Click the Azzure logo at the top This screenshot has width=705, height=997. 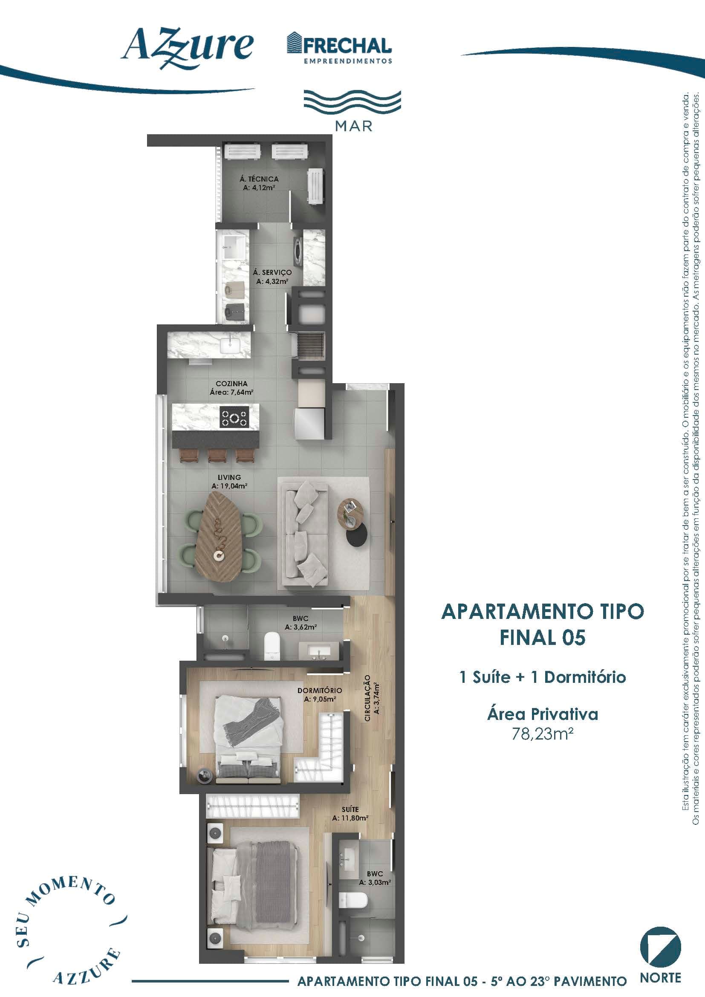[x=187, y=48]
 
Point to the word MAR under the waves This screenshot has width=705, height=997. [x=354, y=126]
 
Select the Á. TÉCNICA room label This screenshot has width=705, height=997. [x=259, y=183]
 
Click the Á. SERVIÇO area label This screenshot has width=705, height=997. [x=272, y=277]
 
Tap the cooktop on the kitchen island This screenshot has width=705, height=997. [x=234, y=417]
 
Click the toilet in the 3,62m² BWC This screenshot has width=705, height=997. [x=273, y=646]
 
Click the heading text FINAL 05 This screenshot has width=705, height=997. [x=543, y=637]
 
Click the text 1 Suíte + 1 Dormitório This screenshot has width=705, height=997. [x=543, y=677]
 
